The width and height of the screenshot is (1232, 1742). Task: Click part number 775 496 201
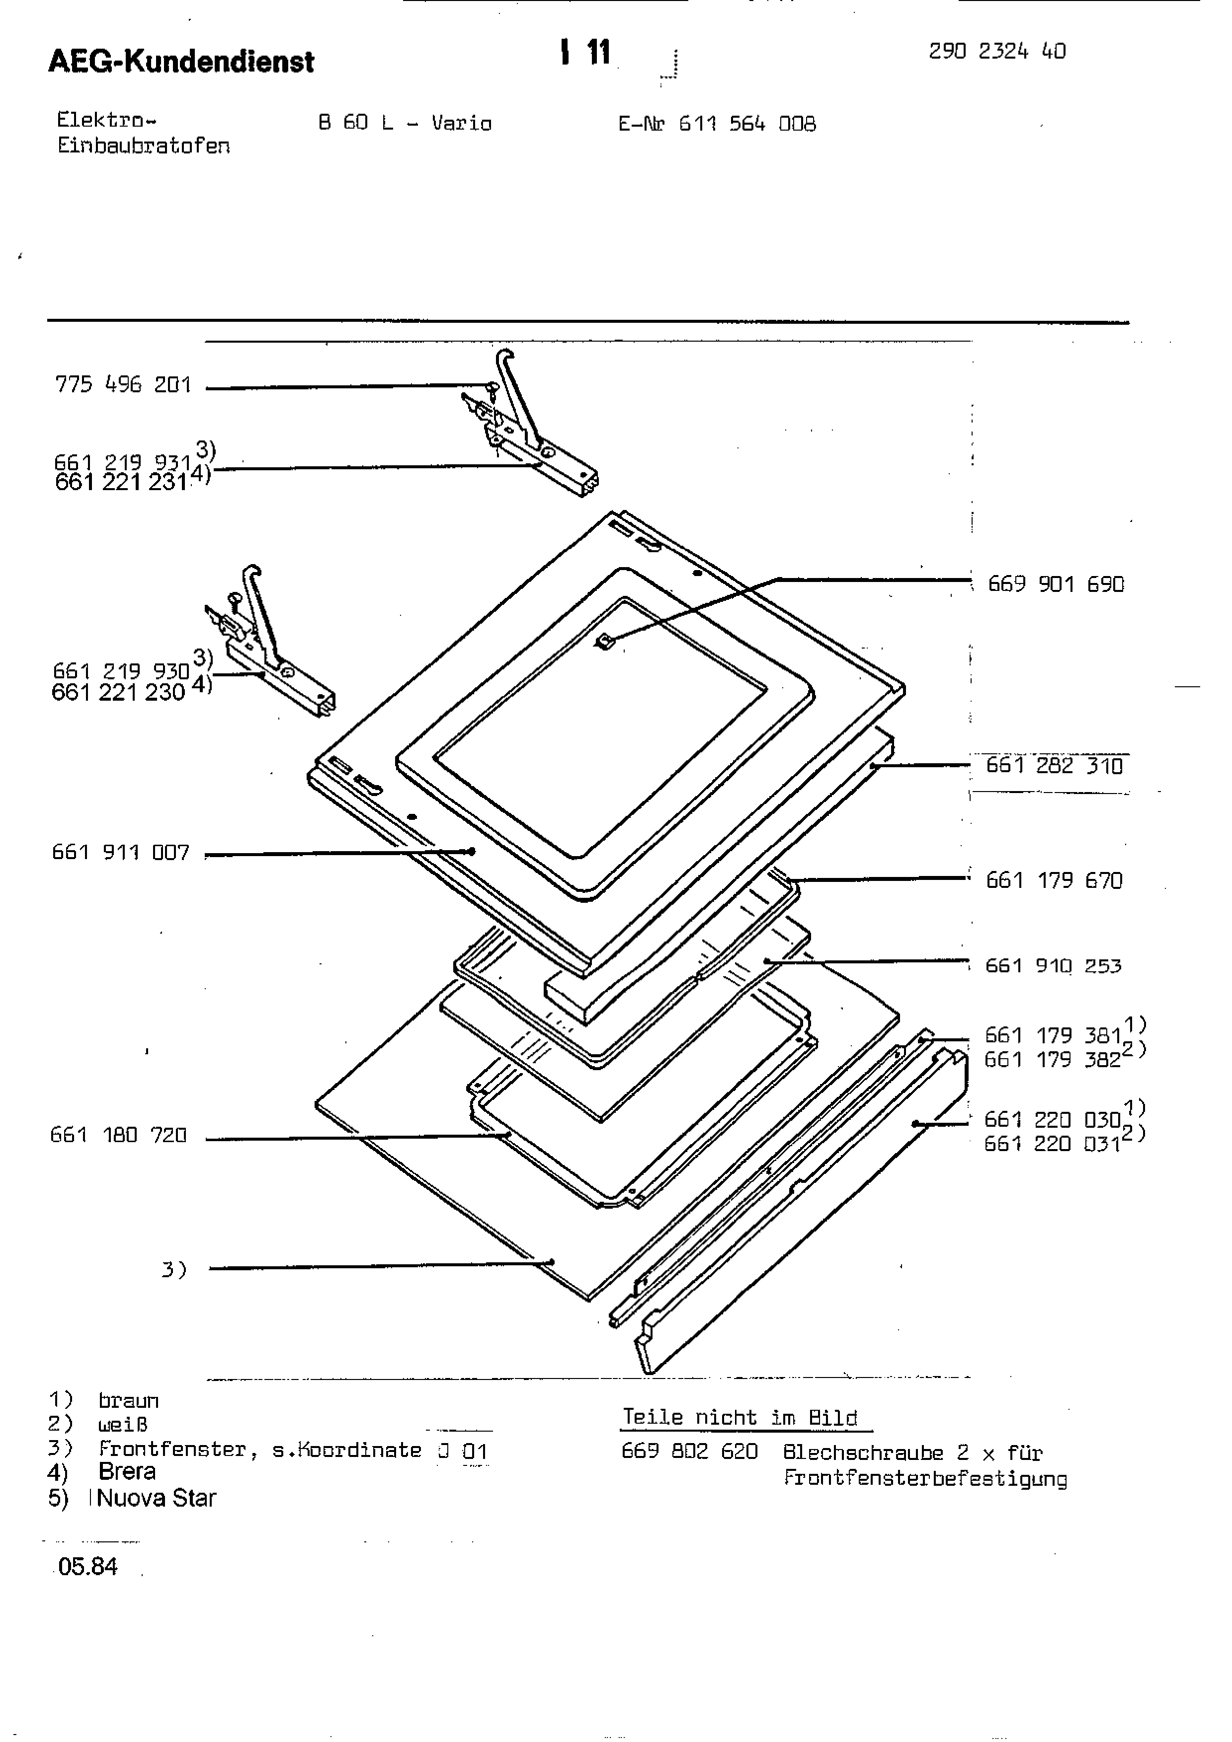coord(122,385)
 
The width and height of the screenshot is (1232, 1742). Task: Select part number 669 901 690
coord(1055,584)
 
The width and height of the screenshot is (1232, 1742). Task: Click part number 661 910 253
coord(1053,966)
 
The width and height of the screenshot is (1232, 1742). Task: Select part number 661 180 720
coord(118,1135)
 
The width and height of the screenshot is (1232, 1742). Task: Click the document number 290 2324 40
coord(997,52)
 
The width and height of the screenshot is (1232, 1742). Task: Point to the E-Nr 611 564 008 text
coord(717,124)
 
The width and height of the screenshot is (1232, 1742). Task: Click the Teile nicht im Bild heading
coord(739,1417)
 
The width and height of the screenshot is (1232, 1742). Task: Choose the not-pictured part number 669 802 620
coord(689,1452)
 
